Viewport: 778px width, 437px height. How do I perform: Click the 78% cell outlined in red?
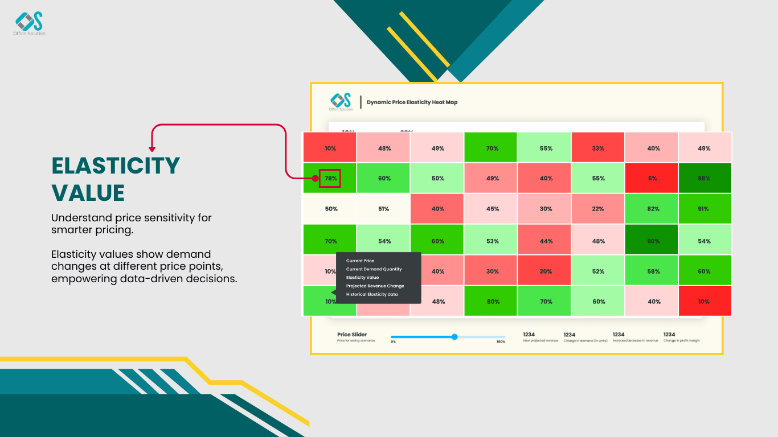[x=330, y=178]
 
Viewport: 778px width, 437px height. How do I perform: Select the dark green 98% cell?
[x=705, y=178]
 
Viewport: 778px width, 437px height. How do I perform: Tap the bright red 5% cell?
[x=652, y=178]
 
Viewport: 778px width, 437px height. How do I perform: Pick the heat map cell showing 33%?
[x=598, y=148]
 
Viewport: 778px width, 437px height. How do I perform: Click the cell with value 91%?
[x=705, y=209]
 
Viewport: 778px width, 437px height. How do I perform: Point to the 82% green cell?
[x=652, y=209]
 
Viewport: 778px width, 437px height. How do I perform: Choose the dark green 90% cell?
[x=652, y=241]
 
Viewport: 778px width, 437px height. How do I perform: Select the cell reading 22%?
[x=598, y=209]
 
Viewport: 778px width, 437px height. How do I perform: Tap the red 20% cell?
[x=545, y=271]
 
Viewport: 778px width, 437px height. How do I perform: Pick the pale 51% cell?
[x=384, y=209]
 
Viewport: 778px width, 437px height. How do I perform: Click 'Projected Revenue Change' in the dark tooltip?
[x=375, y=286]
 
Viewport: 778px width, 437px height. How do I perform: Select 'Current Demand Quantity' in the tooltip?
[x=374, y=269]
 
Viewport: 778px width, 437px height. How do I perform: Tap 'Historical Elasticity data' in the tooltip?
[x=372, y=294]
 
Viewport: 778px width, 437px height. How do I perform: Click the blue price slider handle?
[x=454, y=337]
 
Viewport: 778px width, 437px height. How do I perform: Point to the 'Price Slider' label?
[x=352, y=335]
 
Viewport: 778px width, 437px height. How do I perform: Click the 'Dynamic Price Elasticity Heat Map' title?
[x=412, y=102]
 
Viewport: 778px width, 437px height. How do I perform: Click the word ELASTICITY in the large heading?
[x=116, y=166]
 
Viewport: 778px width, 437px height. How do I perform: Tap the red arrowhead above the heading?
[x=152, y=149]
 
